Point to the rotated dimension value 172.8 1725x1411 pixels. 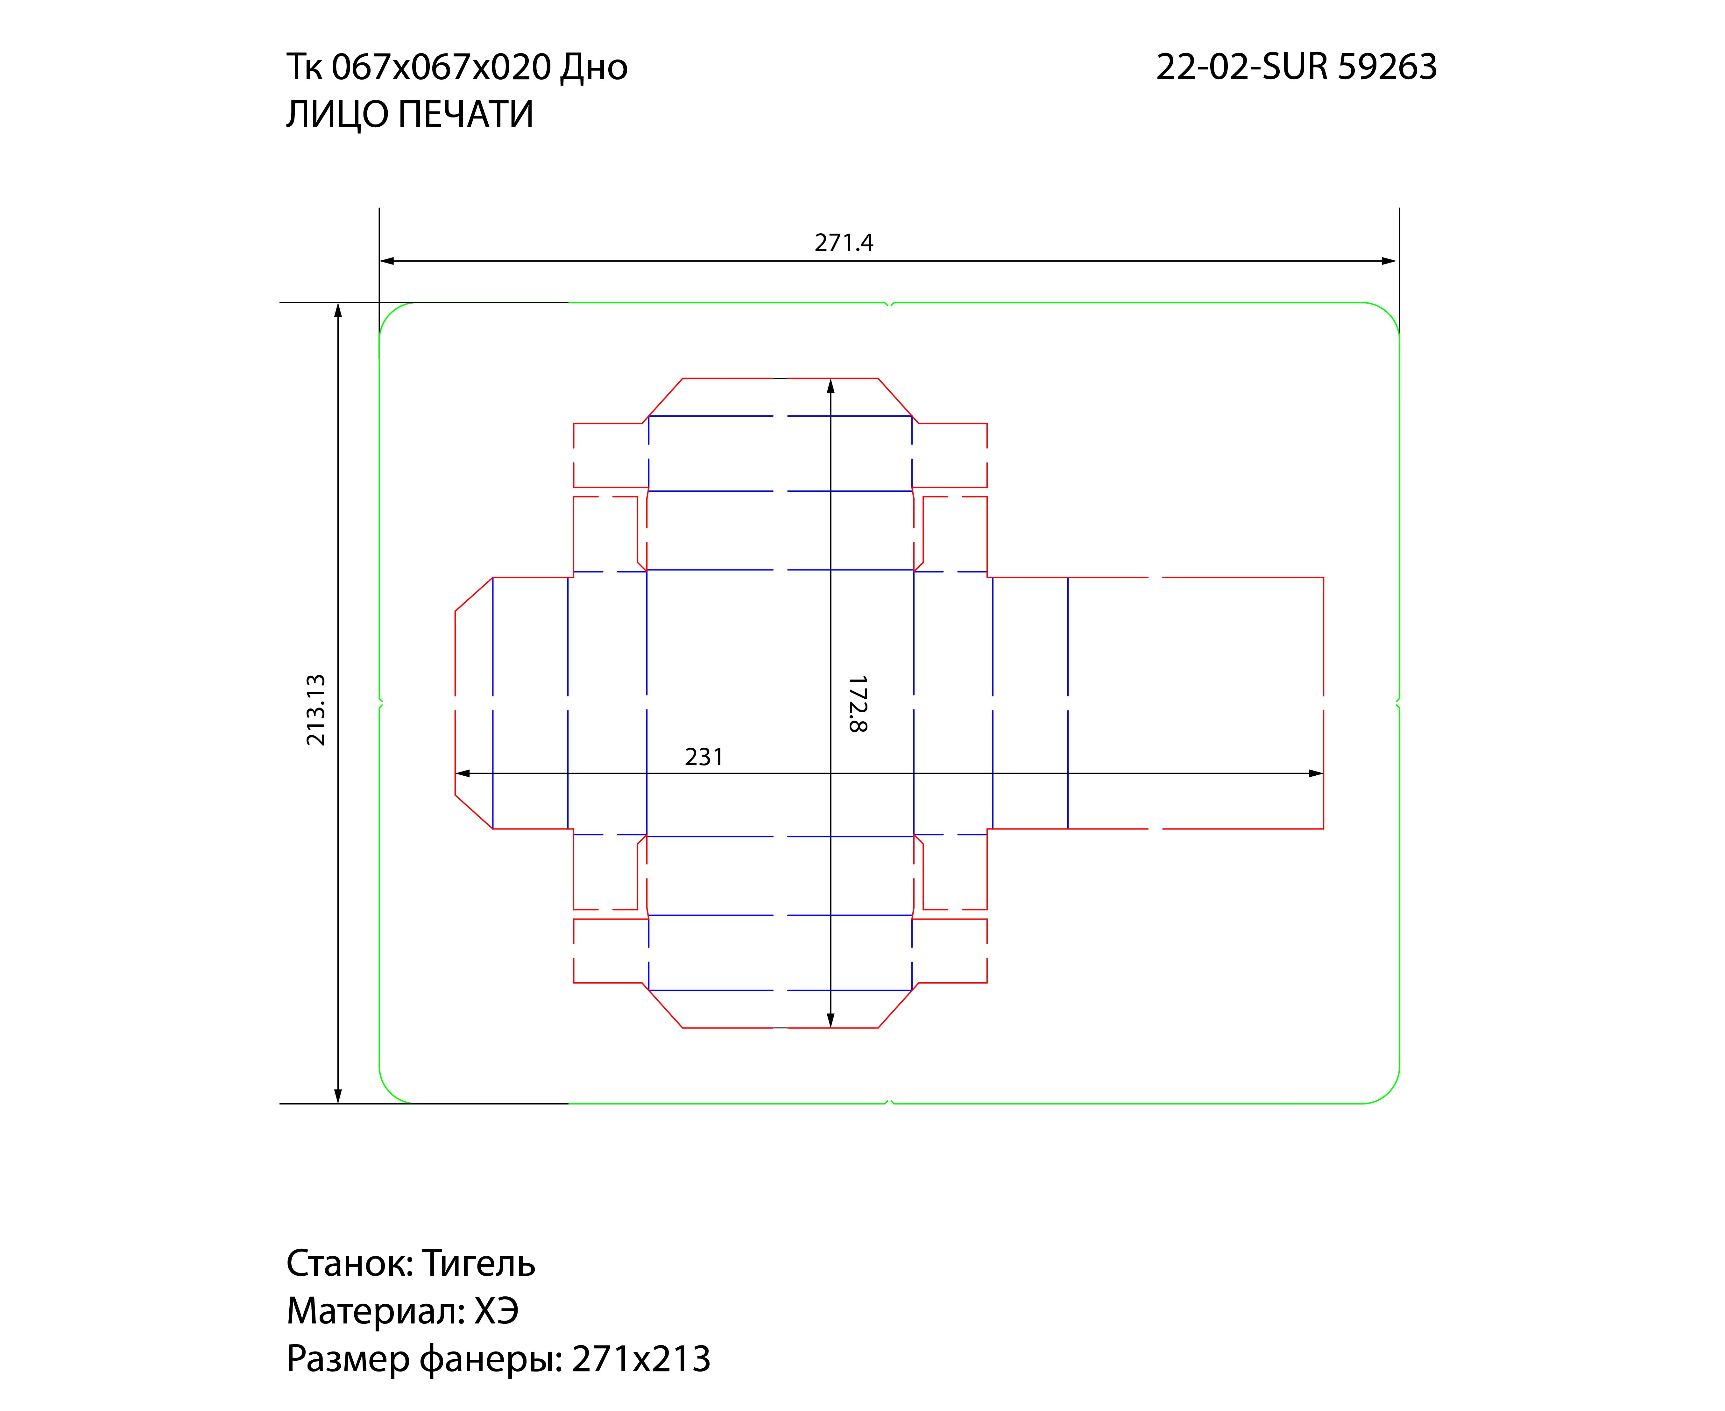pos(858,704)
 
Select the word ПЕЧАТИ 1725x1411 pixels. pos(466,115)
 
